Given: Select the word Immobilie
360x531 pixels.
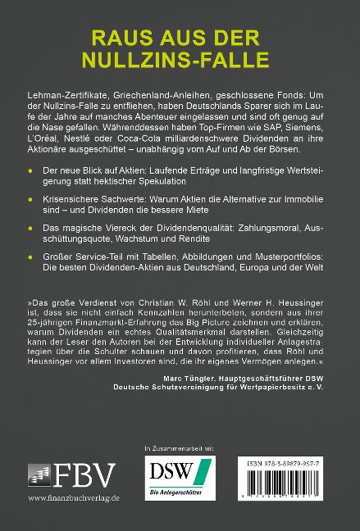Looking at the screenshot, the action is [x=306, y=198].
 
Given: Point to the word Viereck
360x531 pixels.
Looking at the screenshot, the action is [x=124, y=232].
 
